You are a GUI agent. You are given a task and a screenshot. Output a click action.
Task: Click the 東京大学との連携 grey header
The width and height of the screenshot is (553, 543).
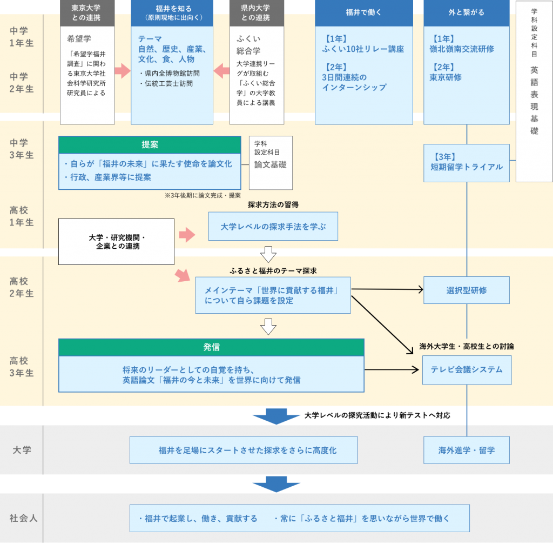(x=87, y=13)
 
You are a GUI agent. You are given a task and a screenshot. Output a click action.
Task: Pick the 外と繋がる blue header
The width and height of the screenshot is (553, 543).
(x=467, y=13)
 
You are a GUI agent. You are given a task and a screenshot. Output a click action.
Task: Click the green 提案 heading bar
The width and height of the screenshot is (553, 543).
(x=150, y=145)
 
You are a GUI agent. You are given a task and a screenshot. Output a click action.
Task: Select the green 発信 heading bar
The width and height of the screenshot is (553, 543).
(x=211, y=347)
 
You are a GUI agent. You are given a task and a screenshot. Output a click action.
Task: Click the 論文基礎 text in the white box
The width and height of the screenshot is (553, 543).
(x=270, y=164)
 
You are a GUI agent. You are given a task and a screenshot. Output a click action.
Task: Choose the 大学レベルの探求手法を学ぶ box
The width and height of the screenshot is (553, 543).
(x=273, y=227)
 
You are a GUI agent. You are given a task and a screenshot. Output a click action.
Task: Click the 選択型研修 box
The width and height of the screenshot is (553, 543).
(x=467, y=290)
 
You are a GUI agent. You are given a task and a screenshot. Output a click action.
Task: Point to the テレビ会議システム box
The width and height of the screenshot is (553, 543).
(x=467, y=370)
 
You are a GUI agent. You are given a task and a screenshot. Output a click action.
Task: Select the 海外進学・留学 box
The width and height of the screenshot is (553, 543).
(x=467, y=450)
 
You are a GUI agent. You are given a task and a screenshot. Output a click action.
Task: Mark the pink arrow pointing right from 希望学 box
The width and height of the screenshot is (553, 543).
(x=123, y=70)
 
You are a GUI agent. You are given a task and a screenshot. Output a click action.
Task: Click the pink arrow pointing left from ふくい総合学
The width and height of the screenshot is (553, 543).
(x=222, y=70)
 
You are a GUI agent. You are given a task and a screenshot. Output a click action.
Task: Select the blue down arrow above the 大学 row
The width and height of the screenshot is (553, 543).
(x=276, y=416)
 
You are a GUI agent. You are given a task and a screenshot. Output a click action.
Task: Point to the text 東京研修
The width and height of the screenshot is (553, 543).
(x=447, y=77)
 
